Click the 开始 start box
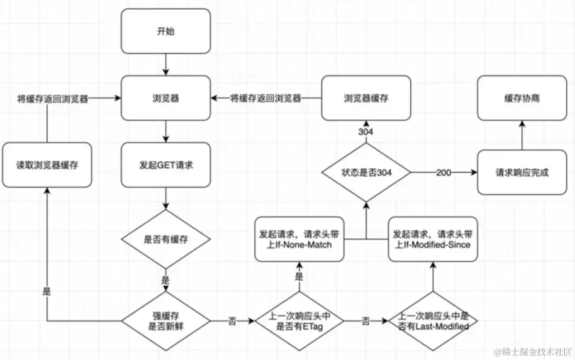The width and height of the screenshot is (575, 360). [x=166, y=31]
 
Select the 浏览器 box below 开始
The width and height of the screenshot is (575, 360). [x=166, y=98]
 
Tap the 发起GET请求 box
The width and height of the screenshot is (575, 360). [x=166, y=165]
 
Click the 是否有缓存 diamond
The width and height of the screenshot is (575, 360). [x=166, y=239]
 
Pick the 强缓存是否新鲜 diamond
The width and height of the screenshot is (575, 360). [x=166, y=321]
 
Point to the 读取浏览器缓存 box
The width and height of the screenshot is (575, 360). [x=47, y=165]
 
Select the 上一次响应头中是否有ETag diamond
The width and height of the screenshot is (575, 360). [x=299, y=321]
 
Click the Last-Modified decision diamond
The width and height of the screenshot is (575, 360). [x=433, y=321]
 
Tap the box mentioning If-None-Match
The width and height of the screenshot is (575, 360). [x=299, y=239]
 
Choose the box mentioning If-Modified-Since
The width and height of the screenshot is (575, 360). [x=433, y=239]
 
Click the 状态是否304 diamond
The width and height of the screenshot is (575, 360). [x=366, y=172]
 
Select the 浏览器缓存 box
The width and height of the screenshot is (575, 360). [x=366, y=98]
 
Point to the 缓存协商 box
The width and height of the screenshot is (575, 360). [x=522, y=98]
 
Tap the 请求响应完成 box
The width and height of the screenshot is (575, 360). [x=522, y=172]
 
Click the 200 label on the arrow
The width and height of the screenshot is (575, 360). [x=444, y=173]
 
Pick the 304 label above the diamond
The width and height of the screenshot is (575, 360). [x=365, y=131]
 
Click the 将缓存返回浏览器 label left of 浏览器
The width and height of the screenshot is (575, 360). [x=53, y=99]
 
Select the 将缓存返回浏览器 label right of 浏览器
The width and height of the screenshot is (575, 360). [x=266, y=98]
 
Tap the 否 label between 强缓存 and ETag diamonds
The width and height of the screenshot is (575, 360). [x=232, y=321]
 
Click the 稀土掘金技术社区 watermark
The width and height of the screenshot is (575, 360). [x=533, y=352]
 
